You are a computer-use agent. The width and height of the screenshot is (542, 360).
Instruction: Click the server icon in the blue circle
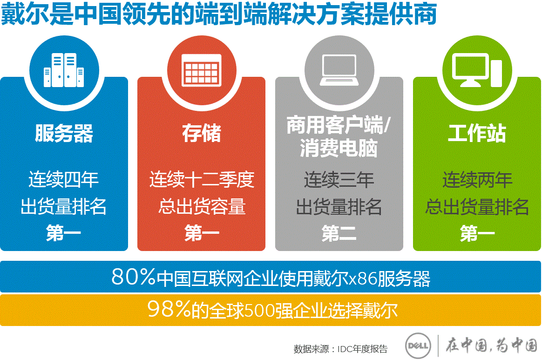click(64, 70)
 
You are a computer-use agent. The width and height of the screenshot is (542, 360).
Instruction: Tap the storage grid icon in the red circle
click(202, 70)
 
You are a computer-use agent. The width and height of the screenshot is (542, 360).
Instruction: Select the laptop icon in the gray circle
click(339, 70)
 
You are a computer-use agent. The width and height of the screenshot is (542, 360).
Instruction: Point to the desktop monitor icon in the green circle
click(477, 70)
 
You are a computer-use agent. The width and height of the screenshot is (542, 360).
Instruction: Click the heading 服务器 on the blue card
click(64, 134)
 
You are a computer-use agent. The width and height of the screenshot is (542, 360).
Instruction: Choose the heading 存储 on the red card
click(202, 133)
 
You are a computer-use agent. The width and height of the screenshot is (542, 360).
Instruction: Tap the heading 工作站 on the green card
click(477, 133)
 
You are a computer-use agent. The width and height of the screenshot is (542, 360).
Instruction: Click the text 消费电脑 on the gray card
click(339, 149)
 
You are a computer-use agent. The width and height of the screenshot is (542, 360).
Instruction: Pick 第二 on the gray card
click(339, 233)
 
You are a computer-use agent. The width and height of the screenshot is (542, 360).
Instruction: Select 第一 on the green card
click(477, 233)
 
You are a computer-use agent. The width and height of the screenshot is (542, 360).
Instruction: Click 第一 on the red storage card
click(202, 233)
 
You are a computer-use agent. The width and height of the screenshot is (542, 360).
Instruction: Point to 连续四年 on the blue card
click(64, 179)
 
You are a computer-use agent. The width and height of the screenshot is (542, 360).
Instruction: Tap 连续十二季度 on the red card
click(202, 179)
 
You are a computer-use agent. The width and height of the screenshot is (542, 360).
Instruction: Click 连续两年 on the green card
click(477, 180)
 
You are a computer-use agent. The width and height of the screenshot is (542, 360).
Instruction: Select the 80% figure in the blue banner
click(134, 277)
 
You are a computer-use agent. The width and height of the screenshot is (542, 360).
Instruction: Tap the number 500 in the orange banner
click(259, 311)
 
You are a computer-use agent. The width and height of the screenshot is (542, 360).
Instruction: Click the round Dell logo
click(418, 346)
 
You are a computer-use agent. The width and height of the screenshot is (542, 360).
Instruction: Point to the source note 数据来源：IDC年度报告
click(341, 349)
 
